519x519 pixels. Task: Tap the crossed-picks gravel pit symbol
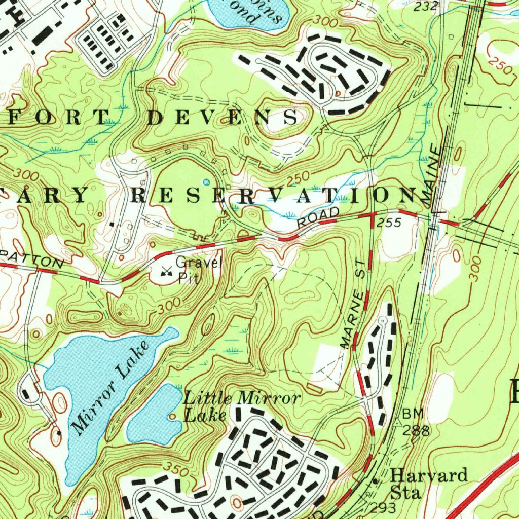(x=165, y=272)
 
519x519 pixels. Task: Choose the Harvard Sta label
(x=428, y=484)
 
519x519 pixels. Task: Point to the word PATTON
(x=33, y=259)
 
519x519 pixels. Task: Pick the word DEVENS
(x=223, y=117)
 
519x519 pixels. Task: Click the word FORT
(x=53, y=117)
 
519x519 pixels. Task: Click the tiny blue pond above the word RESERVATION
(x=206, y=181)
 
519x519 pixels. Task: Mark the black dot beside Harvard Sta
(x=375, y=480)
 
